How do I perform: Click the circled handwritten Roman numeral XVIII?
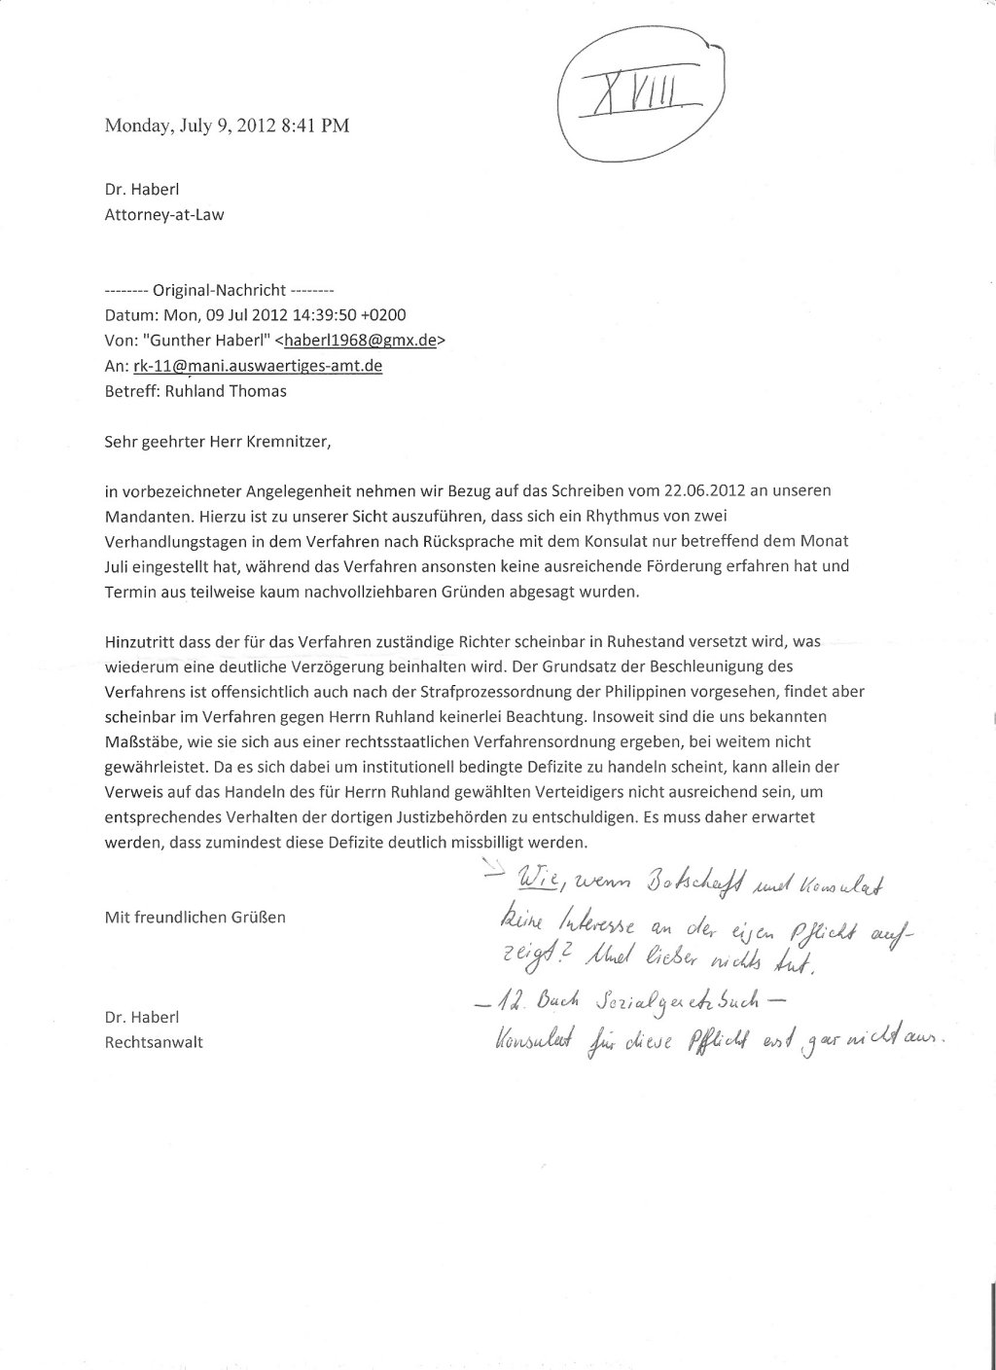633,96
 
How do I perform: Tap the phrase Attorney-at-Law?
164,215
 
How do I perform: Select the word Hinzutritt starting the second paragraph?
141,643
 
